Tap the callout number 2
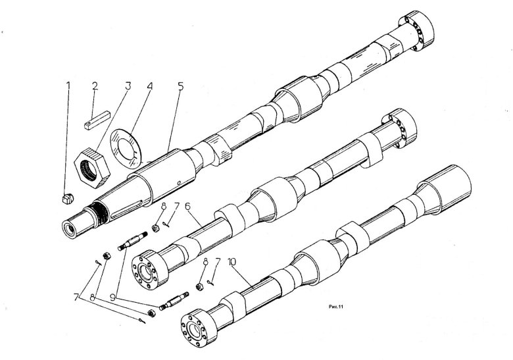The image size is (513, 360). click(95, 86)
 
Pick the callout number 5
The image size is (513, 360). click(180, 86)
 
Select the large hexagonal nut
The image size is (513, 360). click(91, 165)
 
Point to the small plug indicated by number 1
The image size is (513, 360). click(66, 197)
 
